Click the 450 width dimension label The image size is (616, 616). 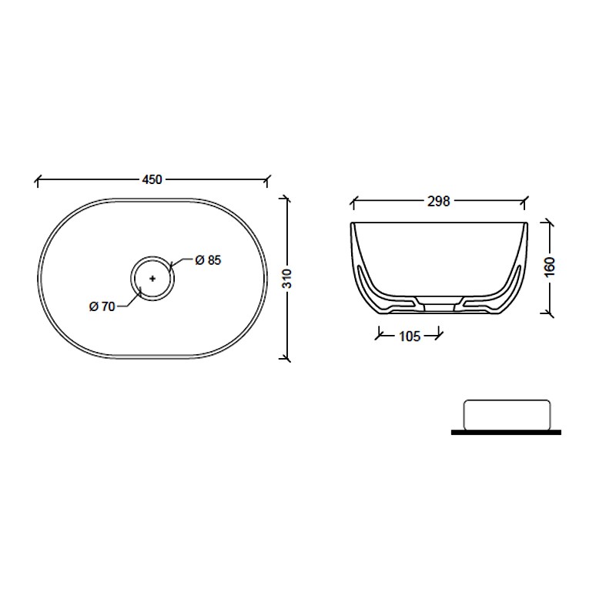pyautogui.click(x=152, y=179)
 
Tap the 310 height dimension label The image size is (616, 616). pyautogui.click(x=287, y=279)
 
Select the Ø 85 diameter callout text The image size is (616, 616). pyautogui.click(x=208, y=260)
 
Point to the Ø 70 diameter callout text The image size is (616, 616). pyautogui.click(x=102, y=306)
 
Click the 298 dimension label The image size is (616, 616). pyautogui.click(x=438, y=202)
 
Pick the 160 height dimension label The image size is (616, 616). pyautogui.click(x=550, y=266)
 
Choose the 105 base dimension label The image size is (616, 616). pyautogui.click(x=410, y=336)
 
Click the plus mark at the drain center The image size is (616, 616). pyautogui.click(x=152, y=279)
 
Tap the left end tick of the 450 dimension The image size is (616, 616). pyautogui.click(x=37, y=180)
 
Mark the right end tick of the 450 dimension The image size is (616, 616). pyautogui.click(x=267, y=180)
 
